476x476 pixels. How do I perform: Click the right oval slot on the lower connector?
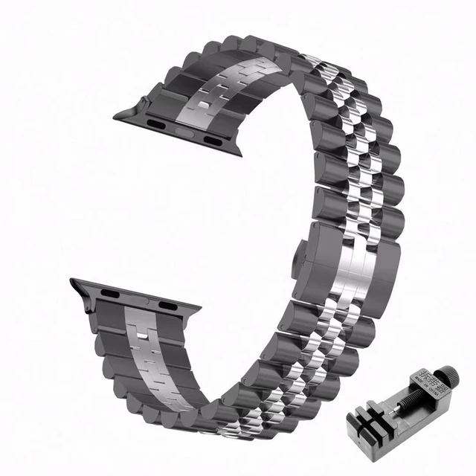[x=165, y=306]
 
